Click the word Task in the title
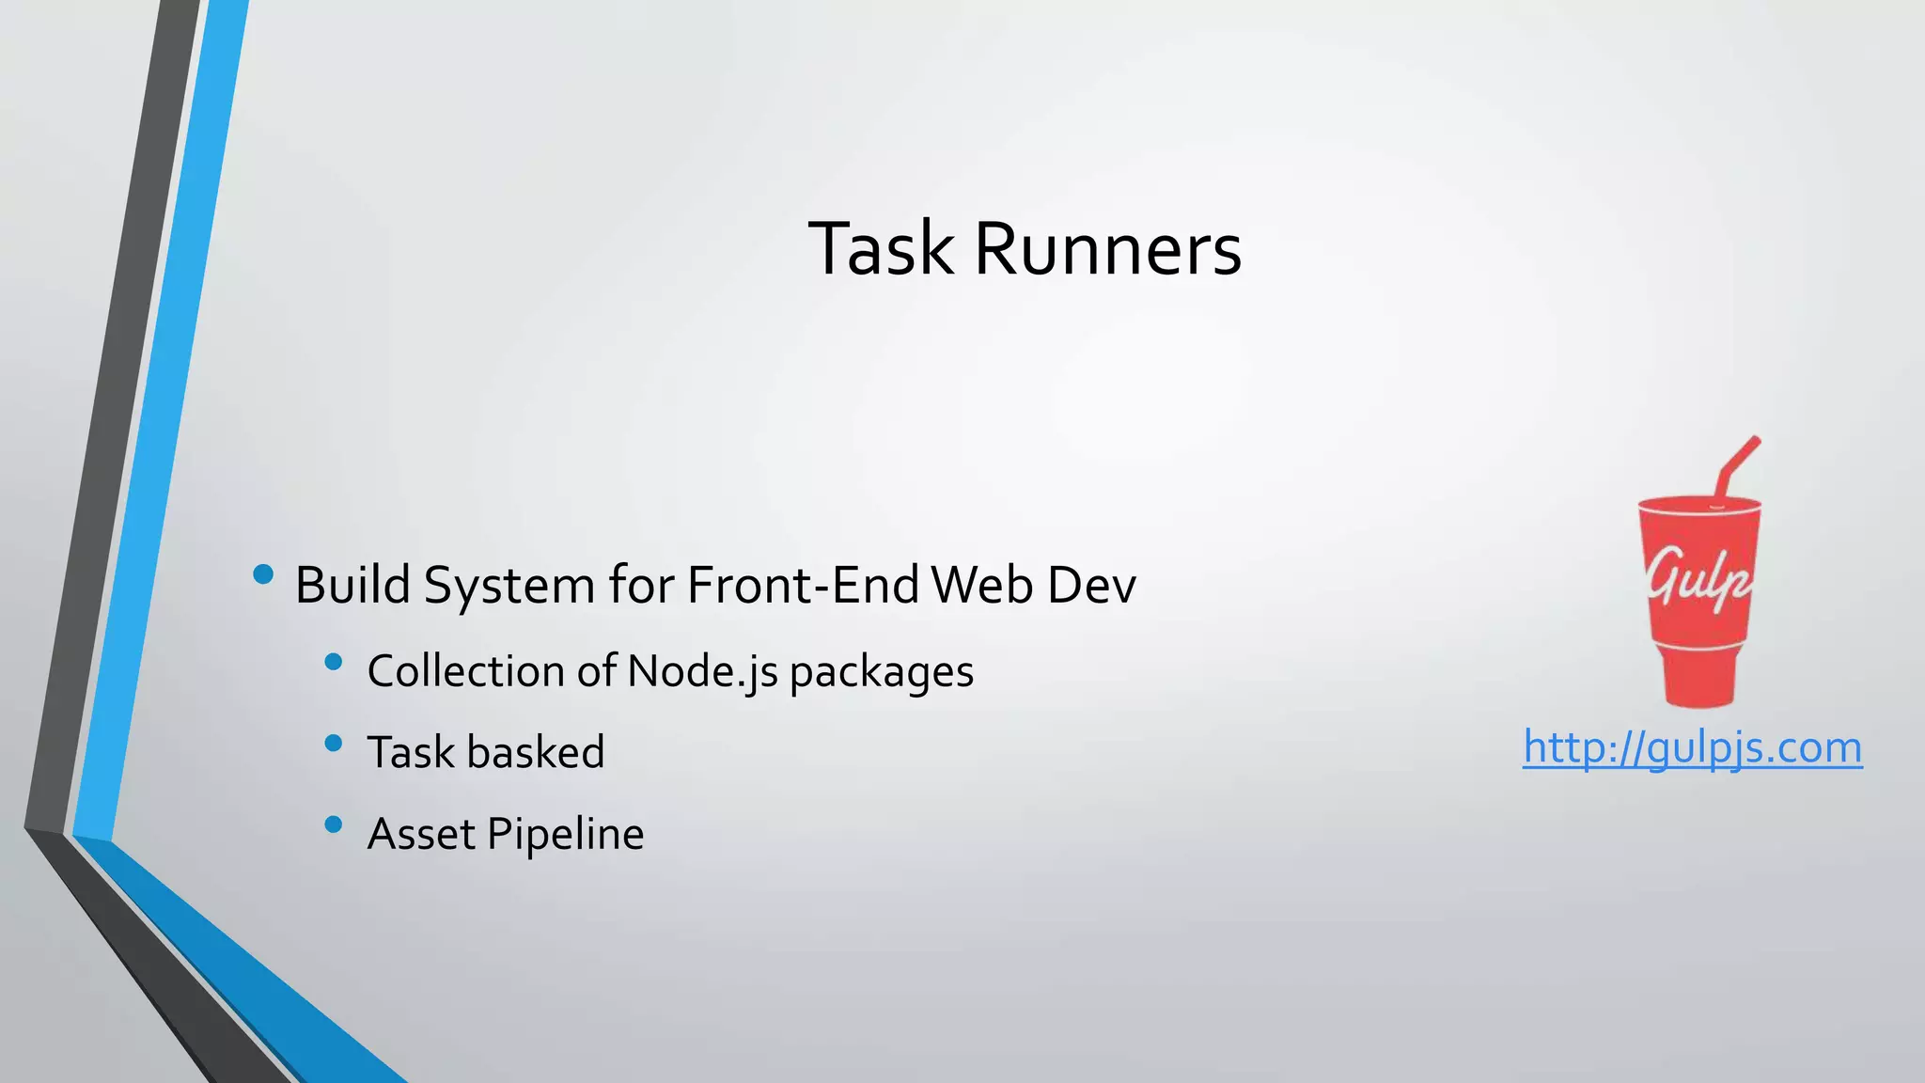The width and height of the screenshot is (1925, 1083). coord(880,249)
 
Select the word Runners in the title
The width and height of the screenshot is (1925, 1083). coord(1108,249)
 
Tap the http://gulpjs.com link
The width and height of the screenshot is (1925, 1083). coord(1692,748)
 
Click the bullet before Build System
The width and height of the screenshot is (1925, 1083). coord(263,573)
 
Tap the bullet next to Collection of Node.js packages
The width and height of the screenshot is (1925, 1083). coord(333,662)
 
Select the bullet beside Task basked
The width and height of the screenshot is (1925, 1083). coord(333,744)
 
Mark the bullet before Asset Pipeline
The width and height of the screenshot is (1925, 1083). coord(333,824)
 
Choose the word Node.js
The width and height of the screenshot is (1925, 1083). coord(702,671)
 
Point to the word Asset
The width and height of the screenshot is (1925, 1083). coord(421,834)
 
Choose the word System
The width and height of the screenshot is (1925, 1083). coord(509,586)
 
